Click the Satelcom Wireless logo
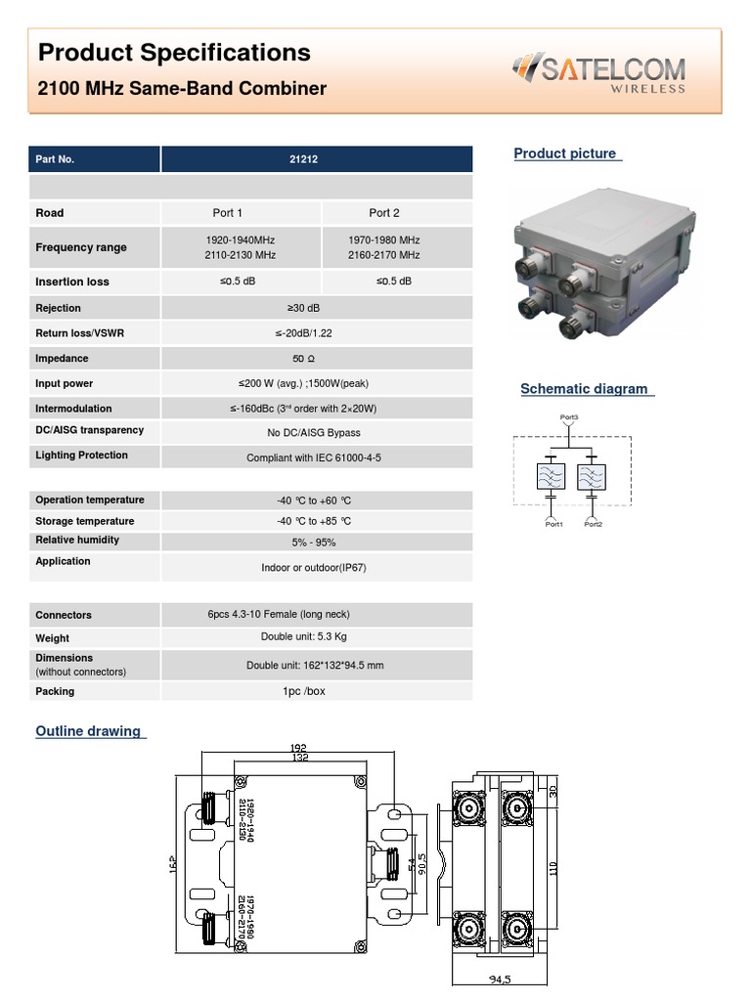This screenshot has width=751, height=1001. pyautogui.click(x=598, y=73)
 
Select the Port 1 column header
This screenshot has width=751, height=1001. pyautogui.click(x=228, y=213)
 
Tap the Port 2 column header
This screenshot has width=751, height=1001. pyautogui.click(x=384, y=213)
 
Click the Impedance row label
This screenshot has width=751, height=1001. pyautogui.click(x=62, y=359)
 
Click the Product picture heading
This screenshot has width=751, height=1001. pyautogui.click(x=565, y=153)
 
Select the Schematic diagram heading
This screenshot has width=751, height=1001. pyautogui.click(x=584, y=389)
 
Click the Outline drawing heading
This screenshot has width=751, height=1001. pyautogui.click(x=88, y=731)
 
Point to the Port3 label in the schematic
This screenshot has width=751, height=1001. pyautogui.click(x=569, y=417)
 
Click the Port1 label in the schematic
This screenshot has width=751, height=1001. pyautogui.click(x=553, y=524)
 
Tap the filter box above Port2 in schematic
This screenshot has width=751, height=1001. pyautogui.click(x=591, y=477)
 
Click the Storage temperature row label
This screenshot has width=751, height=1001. pyautogui.click(x=85, y=521)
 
